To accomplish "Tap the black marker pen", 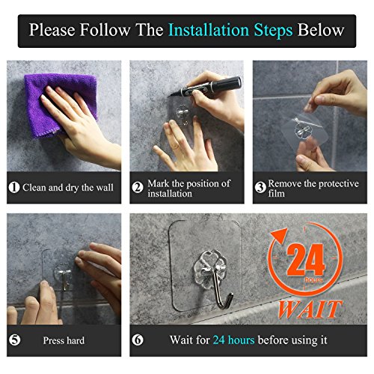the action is pyautogui.click(x=206, y=87).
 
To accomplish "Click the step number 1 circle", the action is pyautogui.click(x=14, y=188).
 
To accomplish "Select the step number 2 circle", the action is pyautogui.click(x=138, y=187).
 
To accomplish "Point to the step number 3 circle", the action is pyautogui.click(x=260, y=187).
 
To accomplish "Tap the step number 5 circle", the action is pyautogui.click(x=15, y=340).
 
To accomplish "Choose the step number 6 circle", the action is pyautogui.click(x=138, y=340).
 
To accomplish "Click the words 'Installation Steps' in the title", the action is pyautogui.click(x=230, y=31).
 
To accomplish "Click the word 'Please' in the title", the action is pyautogui.click(x=52, y=30).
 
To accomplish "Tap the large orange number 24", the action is pyautogui.click(x=306, y=260).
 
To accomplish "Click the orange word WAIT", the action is pyautogui.click(x=310, y=309).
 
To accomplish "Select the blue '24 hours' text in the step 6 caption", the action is pyautogui.click(x=233, y=340).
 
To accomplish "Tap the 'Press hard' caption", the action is pyautogui.click(x=64, y=340).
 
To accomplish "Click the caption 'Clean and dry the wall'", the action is pyautogui.click(x=68, y=188).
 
